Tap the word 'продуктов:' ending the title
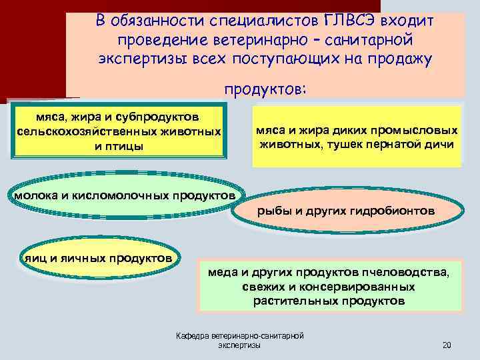coord(265,89)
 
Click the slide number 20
coord(447,345)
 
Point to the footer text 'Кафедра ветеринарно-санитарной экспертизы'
coord(240,341)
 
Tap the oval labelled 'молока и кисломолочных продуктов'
coord(125,196)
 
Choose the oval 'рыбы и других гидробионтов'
coord(346,211)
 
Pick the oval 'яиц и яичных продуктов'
coord(99,258)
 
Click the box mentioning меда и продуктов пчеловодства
coord(333,287)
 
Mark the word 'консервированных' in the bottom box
coord(367,287)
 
